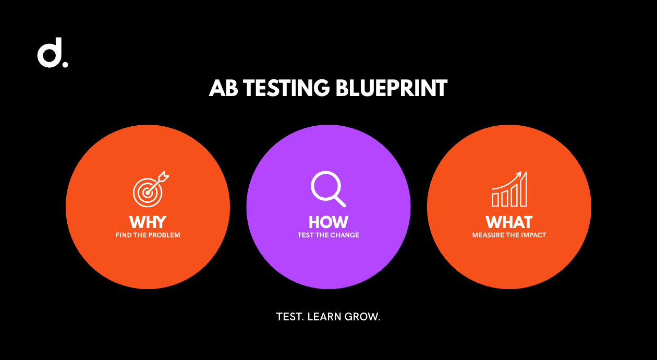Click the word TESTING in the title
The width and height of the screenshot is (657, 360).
(x=286, y=88)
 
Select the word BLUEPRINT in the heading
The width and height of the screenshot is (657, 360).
(x=391, y=88)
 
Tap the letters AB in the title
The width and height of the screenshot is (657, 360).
(x=223, y=88)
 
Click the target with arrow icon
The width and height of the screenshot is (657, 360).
(x=151, y=189)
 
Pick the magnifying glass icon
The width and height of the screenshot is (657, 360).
(x=328, y=189)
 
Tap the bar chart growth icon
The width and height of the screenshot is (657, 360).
(x=509, y=189)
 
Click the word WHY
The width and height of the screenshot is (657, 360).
(x=148, y=222)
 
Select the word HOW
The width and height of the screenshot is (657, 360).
(x=328, y=222)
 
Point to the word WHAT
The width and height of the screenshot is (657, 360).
(x=509, y=222)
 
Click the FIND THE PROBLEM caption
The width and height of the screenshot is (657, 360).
(x=148, y=235)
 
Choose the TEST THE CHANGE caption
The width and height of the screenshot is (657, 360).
(x=328, y=235)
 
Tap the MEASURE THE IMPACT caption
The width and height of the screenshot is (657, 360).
(x=509, y=235)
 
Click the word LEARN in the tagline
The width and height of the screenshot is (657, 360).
(x=324, y=317)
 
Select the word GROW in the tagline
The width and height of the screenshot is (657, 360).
(x=362, y=317)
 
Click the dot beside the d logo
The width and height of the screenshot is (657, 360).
(x=65, y=64)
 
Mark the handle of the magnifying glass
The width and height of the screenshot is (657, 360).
(x=340, y=201)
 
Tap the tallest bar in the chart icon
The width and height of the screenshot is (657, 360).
(x=524, y=189)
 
